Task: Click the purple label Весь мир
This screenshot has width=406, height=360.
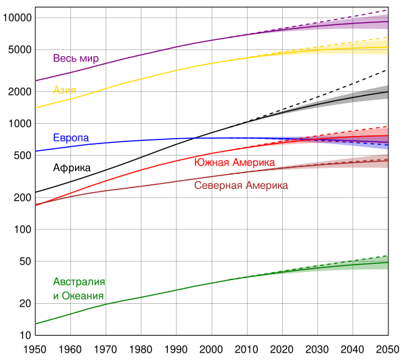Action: click(76, 58)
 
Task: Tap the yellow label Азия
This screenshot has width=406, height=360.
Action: click(64, 90)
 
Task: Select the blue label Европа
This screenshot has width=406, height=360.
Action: click(71, 138)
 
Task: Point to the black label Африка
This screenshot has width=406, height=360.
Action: click(72, 168)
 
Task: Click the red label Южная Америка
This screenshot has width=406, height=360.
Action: click(234, 162)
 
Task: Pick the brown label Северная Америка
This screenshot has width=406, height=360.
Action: click(241, 185)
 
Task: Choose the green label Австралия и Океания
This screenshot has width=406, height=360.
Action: click(79, 289)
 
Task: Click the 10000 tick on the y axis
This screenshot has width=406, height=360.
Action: click(17, 18)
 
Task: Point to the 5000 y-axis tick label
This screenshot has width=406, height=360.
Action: click(20, 49)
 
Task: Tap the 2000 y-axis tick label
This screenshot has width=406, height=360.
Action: click(20, 91)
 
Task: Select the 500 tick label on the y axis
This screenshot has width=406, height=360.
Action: click(22, 156)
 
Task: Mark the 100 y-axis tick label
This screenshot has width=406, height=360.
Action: click(22, 229)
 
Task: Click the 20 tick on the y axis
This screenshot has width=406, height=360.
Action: click(26, 303)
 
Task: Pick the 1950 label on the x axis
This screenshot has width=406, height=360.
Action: click(35, 350)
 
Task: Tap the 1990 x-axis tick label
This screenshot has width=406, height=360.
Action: click(176, 350)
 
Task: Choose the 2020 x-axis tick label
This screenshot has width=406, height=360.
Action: click(282, 350)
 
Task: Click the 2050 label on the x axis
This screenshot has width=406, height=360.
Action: click(388, 350)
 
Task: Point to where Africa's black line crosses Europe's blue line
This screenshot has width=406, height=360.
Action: click(194, 138)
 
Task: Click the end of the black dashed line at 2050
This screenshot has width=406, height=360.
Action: click(388, 70)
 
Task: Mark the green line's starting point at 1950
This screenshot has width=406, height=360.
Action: click(35, 323)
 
